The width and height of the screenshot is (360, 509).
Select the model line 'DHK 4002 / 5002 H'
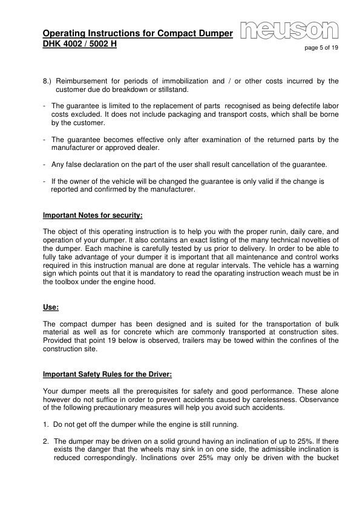(x=79, y=44)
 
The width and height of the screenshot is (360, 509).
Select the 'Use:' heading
(x=51, y=307)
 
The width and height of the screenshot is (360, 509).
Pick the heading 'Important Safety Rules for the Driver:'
(x=108, y=375)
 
